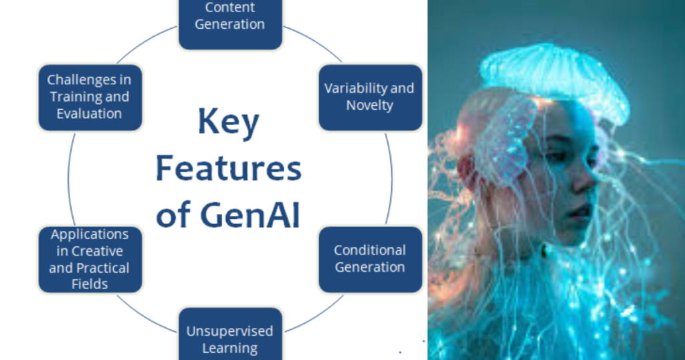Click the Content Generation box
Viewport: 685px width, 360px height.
tap(230, 24)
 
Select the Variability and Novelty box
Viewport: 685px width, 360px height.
tap(371, 97)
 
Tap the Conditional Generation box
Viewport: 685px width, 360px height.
tap(371, 259)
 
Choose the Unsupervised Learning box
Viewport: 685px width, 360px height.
tap(230, 334)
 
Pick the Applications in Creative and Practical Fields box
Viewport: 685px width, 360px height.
tap(90, 259)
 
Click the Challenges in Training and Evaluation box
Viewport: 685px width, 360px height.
tap(90, 97)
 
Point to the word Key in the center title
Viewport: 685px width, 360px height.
tap(229, 122)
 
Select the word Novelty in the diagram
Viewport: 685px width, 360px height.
tap(369, 105)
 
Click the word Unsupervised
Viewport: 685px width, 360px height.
tap(230, 331)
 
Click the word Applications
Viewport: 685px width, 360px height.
tap(90, 235)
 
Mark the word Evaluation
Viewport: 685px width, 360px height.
tap(89, 114)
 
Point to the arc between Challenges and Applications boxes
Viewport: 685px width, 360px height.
tap(69, 178)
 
